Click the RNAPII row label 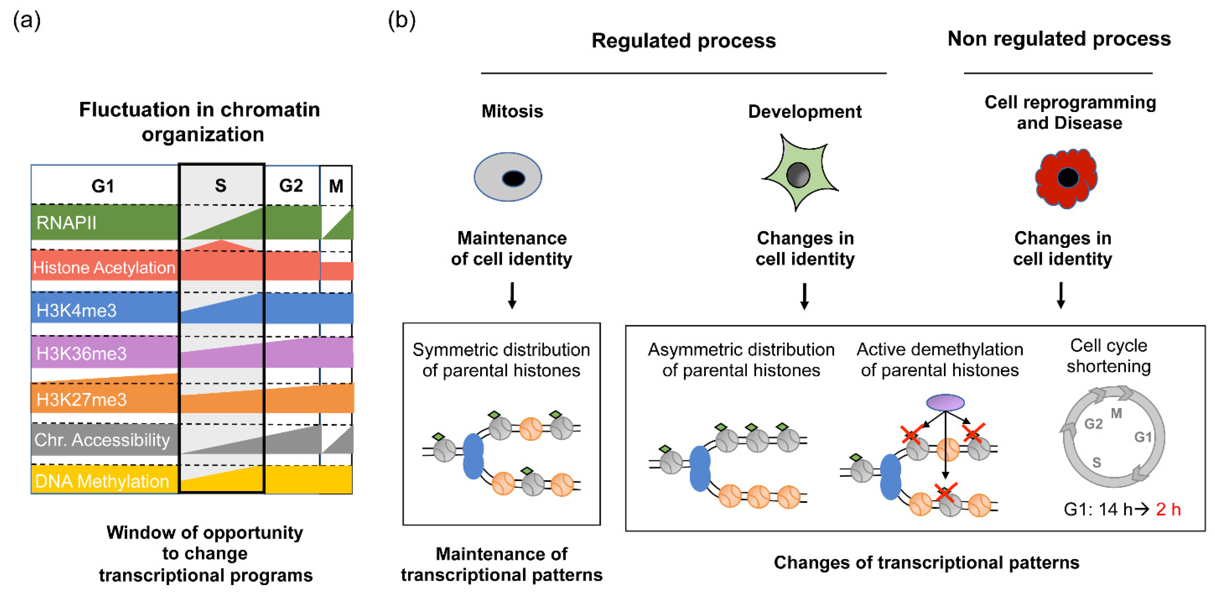[66, 223]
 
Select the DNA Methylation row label [102, 481]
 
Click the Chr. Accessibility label [102, 440]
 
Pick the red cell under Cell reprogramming [1066, 178]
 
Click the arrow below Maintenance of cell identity [512, 295]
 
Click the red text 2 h [1168, 509]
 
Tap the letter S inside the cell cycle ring [1097, 462]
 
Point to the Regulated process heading [683, 41]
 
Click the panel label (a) [27, 21]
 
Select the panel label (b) [401, 21]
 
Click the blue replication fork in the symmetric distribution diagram [473, 456]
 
